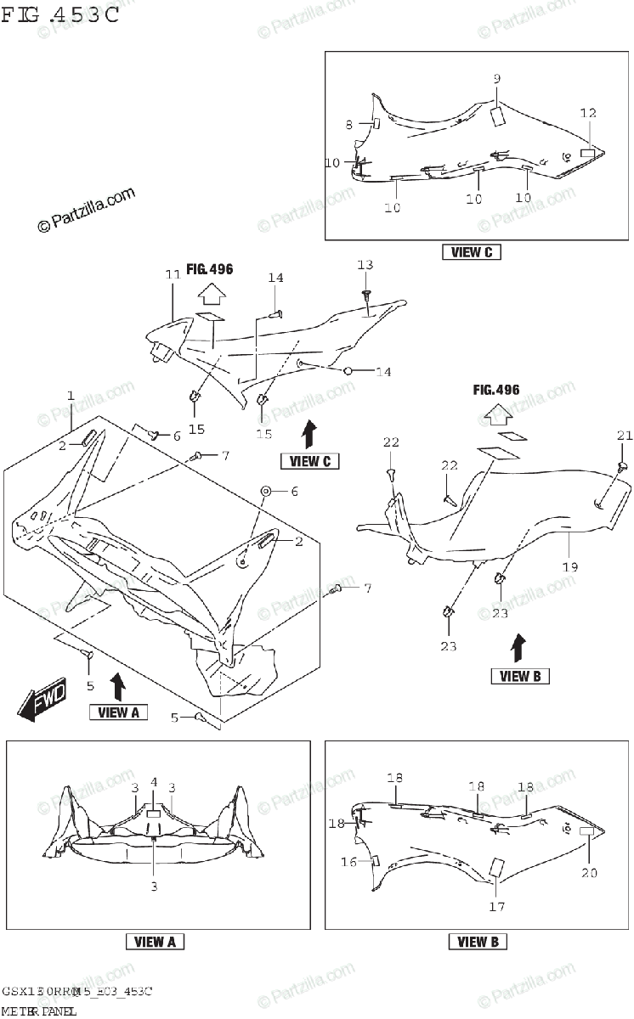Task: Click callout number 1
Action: (x=71, y=396)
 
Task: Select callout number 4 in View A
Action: (x=154, y=782)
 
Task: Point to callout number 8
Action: (x=348, y=125)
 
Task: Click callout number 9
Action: (x=497, y=79)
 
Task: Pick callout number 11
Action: (x=173, y=274)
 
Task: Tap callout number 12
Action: (x=588, y=113)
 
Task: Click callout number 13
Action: (x=365, y=266)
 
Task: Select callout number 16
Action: (x=348, y=862)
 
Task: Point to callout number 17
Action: (x=497, y=906)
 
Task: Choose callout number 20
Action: (x=590, y=871)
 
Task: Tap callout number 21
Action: (x=626, y=436)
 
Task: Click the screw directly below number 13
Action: (x=365, y=295)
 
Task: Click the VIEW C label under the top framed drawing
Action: (x=472, y=252)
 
